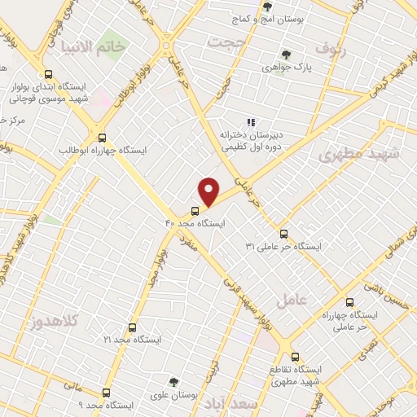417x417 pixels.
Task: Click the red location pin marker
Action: tap(209, 191)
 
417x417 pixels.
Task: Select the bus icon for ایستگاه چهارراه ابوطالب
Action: tap(102, 138)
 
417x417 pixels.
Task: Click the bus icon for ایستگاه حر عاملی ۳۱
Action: tap(283, 233)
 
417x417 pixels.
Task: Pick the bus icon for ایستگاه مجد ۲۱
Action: tap(132, 327)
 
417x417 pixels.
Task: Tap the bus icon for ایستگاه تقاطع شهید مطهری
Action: tap(295, 357)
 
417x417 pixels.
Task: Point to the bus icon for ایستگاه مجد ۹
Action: tap(106, 393)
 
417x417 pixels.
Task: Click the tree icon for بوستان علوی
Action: tap(173, 381)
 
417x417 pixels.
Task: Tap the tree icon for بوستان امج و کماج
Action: tap(268, 7)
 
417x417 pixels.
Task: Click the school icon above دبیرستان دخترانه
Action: tap(251, 122)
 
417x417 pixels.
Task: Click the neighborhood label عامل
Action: tap(292, 301)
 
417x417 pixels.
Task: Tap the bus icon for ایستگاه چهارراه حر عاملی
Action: tap(350, 302)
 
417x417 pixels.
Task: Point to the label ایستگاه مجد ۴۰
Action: tap(195, 222)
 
